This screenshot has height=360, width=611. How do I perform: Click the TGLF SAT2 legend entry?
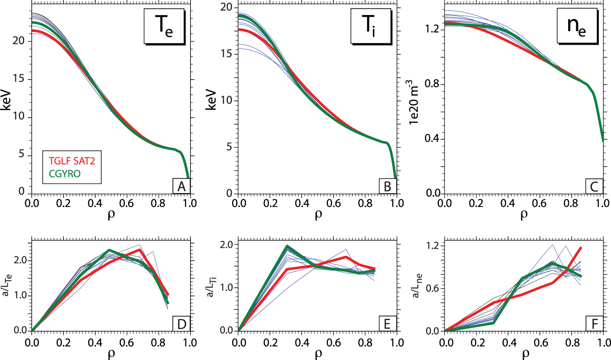click(x=72, y=161)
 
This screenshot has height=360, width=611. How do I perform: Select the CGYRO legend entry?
click(x=64, y=173)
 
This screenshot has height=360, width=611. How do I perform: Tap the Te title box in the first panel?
click(x=164, y=26)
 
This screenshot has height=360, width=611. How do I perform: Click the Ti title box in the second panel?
click(x=370, y=26)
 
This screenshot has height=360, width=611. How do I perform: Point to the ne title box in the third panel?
click(x=577, y=26)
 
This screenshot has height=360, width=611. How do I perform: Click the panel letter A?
click(x=181, y=186)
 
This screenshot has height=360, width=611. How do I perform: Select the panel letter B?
click(x=388, y=186)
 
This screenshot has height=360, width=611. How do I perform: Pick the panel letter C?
click(x=594, y=186)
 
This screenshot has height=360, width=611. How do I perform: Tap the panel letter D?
click(x=181, y=324)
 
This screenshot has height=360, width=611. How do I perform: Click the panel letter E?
click(x=388, y=324)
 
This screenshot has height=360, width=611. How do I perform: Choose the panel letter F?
click(x=594, y=324)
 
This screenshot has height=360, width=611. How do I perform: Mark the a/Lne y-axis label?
click(x=417, y=286)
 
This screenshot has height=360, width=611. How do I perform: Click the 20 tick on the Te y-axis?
click(x=18, y=41)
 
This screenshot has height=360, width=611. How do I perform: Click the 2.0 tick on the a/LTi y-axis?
click(x=227, y=245)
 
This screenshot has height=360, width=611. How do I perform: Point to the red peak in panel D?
click(x=140, y=250)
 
